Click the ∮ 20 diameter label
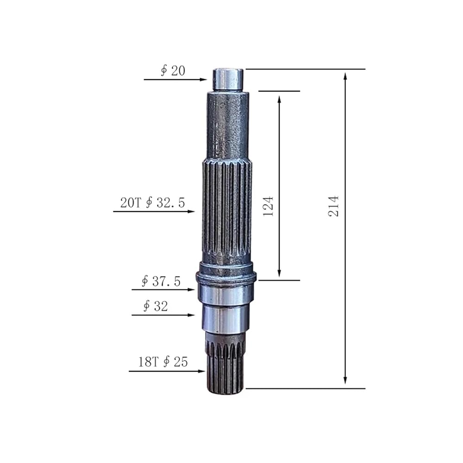click(x=173, y=71)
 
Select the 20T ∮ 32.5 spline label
click(x=153, y=203)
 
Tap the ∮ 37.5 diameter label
click(x=161, y=281)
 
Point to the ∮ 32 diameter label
click(x=156, y=306)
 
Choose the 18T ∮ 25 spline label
click(x=163, y=362)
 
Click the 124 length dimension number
click(x=268, y=206)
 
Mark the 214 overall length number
click(x=334, y=206)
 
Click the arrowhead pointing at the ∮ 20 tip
click(x=203, y=80)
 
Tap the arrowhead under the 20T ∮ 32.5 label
click(x=191, y=212)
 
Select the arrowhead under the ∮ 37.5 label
click(x=191, y=290)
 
